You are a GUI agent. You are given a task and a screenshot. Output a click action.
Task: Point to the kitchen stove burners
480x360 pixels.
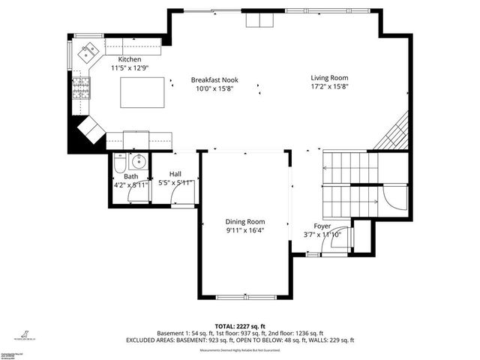tap(80, 91)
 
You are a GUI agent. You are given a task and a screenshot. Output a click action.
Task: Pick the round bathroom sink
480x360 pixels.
tap(139, 160)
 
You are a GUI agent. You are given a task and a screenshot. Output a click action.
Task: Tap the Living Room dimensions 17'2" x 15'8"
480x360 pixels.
tap(330, 87)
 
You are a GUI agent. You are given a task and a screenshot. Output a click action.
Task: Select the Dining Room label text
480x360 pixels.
tap(245, 221)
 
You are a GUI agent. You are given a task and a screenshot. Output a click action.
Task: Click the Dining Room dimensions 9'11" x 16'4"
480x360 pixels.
tap(245, 231)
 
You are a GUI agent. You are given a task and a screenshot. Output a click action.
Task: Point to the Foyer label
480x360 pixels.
tap(322, 226)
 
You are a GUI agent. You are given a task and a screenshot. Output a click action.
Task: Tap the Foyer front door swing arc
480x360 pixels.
tap(339, 238)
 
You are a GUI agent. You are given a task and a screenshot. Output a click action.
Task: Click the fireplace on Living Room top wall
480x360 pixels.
tap(262, 20)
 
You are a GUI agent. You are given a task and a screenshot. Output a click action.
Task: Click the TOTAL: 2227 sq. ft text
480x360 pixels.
tap(240, 326)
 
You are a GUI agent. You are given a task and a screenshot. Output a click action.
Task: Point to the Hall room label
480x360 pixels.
tap(175, 173)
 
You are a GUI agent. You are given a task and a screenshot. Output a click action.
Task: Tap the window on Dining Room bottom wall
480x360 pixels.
tap(245, 298)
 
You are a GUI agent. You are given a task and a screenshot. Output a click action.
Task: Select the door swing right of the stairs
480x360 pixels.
tap(394, 196)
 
